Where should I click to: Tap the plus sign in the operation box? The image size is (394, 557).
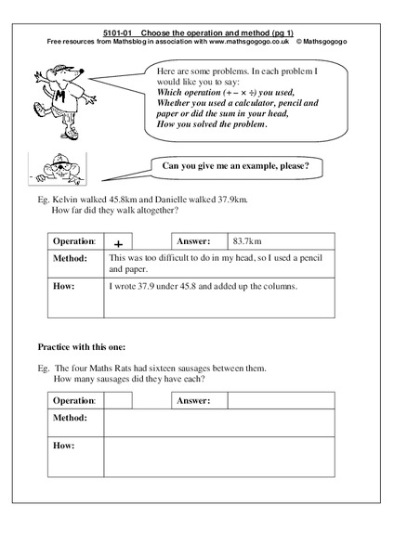[117, 239]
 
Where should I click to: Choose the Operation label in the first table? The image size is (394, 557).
[74, 239]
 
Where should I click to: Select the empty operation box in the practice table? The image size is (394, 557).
[117, 400]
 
